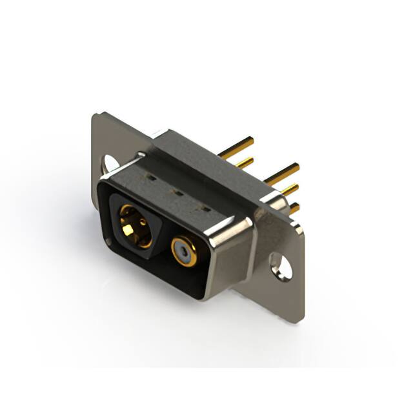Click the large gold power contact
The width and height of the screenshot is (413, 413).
(x=136, y=227)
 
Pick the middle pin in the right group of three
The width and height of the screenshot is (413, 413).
(x=288, y=190)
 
